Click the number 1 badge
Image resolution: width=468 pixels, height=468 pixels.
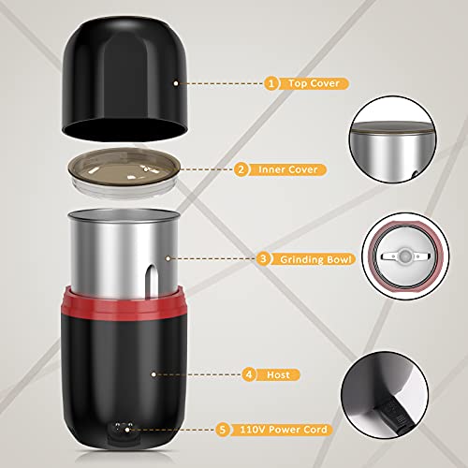271,83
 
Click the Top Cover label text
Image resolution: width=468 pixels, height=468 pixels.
314,83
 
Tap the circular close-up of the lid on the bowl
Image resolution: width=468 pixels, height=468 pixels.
400,145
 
